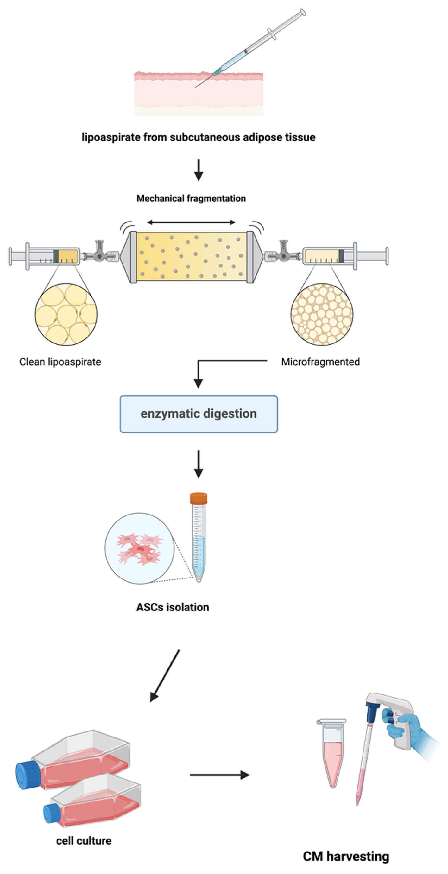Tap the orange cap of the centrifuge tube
[x=198, y=498]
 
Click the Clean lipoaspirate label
[x=60, y=362]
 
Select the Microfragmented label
[x=320, y=362]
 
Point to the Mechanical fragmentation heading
[x=191, y=198]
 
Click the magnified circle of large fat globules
[x=66, y=314]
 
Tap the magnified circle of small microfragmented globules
[x=322, y=314]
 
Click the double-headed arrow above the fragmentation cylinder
[x=191, y=222]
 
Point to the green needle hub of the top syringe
[x=217, y=71]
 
